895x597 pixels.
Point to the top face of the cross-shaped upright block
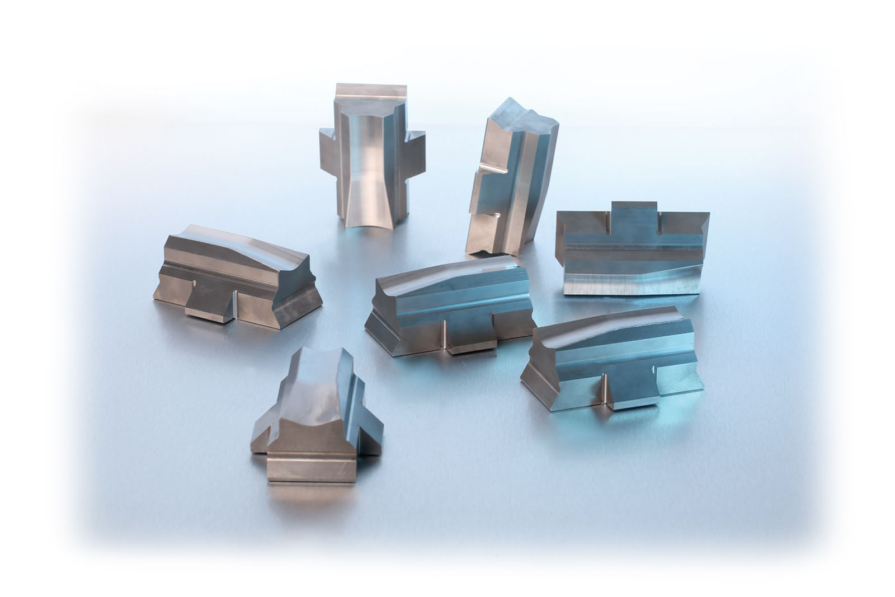pyautogui.click(x=371, y=91)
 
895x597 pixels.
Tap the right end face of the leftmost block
pyautogui.click(x=296, y=297)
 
